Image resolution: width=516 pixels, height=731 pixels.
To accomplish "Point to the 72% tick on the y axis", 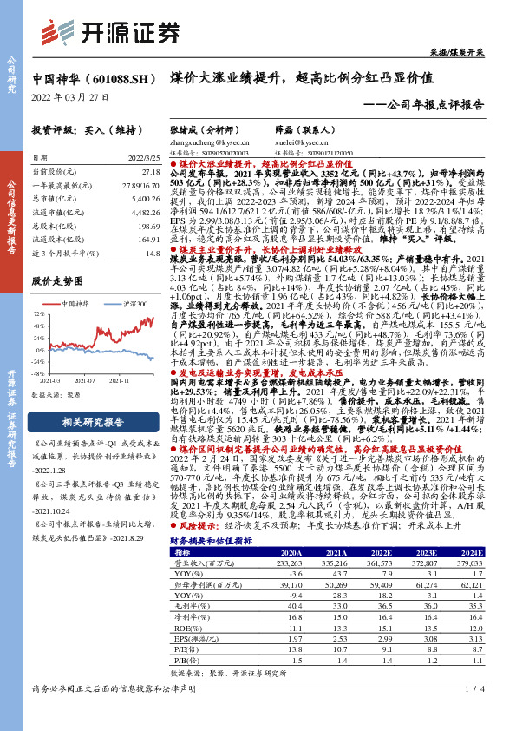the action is [40, 314].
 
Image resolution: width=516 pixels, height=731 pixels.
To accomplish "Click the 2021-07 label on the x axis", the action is [84, 379].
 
